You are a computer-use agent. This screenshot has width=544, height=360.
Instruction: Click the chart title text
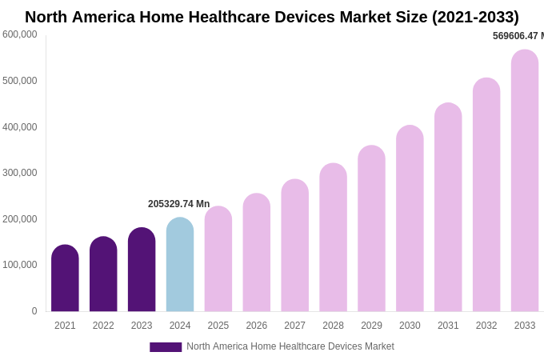pyautogui.click(x=272, y=17)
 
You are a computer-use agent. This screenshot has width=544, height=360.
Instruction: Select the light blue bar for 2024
pyautogui.click(x=180, y=265)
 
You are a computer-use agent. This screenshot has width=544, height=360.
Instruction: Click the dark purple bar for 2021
pyautogui.click(x=65, y=278)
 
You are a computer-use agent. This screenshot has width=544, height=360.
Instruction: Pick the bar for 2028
pyautogui.click(x=333, y=238)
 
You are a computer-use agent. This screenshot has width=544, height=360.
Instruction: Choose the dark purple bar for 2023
pyautogui.click(x=142, y=270)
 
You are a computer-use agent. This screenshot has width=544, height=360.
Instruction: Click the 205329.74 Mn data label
pyautogui.click(x=178, y=204)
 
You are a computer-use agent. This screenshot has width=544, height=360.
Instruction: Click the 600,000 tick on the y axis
pyautogui.click(x=20, y=34)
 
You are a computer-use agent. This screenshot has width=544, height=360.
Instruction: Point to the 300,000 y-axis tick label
pyautogui.click(x=20, y=173)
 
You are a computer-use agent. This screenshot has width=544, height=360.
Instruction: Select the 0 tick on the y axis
pyautogui.click(x=34, y=311)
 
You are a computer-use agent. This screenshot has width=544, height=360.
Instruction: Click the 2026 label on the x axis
pyautogui.click(x=257, y=326)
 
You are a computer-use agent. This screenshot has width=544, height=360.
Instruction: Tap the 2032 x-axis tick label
pyautogui.click(x=486, y=326)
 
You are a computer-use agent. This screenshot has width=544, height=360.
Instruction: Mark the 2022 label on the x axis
pyautogui.click(x=103, y=326)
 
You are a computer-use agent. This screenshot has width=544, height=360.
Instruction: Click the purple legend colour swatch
pyautogui.click(x=166, y=347)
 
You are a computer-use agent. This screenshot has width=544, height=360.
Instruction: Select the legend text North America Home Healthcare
pyautogui.click(x=290, y=346)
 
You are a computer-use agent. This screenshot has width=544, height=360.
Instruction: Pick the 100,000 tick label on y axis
pyautogui.click(x=20, y=265)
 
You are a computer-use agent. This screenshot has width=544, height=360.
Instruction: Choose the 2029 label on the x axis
pyautogui.click(x=371, y=326)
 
